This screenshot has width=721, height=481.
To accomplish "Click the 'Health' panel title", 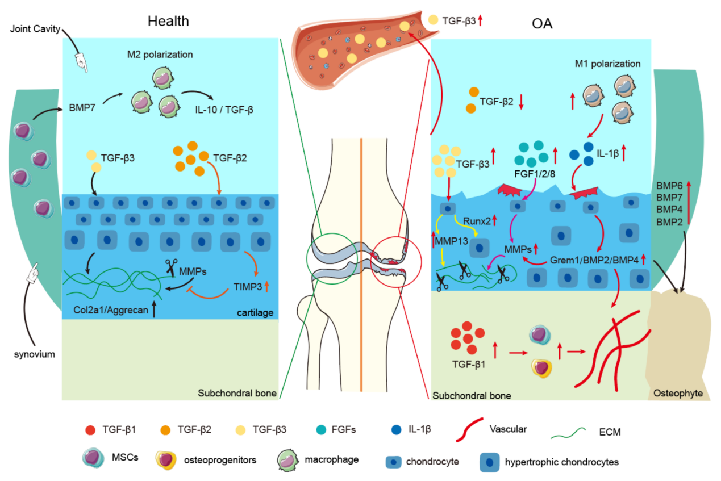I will point(168,22).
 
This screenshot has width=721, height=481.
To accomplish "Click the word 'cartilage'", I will point(257,311).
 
